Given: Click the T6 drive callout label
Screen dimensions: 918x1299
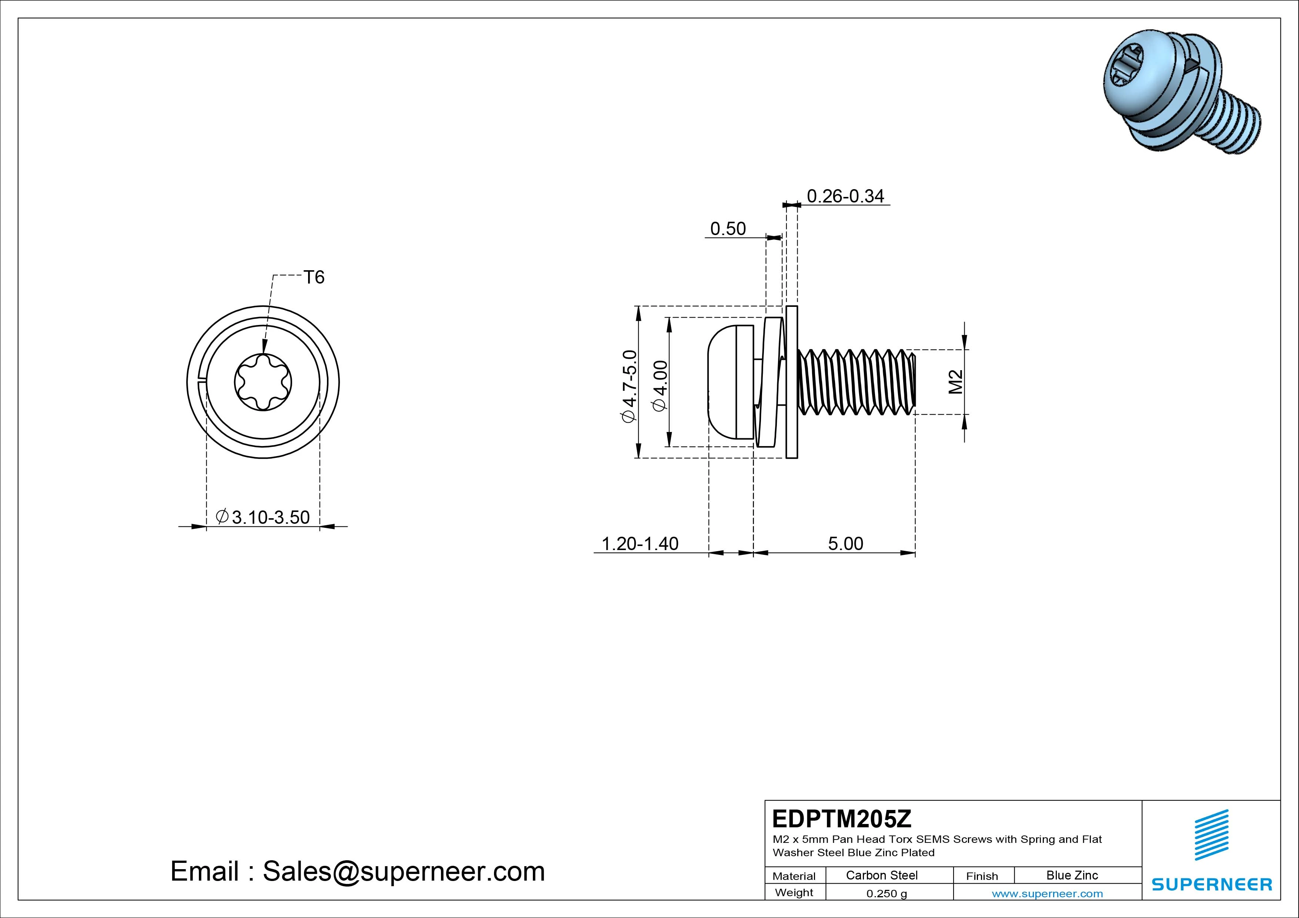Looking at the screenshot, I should pos(314,277).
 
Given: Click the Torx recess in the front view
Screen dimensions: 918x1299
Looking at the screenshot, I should pos(263,382).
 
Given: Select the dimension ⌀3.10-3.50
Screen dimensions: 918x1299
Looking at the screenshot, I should pos(264,517).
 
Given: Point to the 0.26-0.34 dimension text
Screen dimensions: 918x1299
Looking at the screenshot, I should pos(845,196).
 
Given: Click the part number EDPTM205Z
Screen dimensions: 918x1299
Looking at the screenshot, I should pos(841,818).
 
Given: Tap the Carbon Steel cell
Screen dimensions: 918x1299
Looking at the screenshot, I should pos(881,875).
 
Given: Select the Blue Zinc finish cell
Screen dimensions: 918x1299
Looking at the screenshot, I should pos(1072,875).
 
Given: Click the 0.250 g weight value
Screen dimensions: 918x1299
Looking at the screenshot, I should pos(886,894).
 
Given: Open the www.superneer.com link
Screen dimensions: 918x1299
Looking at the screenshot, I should pos(1047,894).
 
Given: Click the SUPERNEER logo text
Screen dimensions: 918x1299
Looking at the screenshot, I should pos(1212,884).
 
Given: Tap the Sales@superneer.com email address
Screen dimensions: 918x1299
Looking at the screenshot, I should pos(403,871).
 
